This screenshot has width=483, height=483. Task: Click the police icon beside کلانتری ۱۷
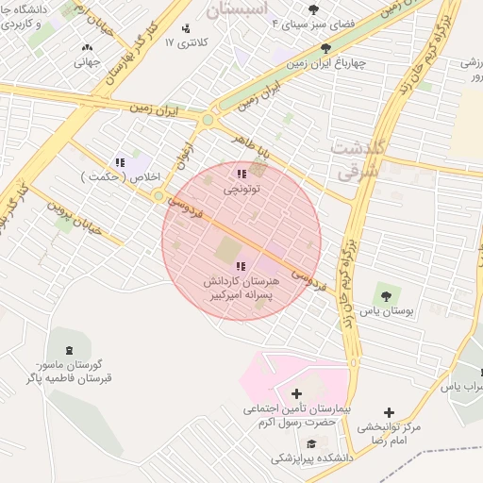pos(186,29)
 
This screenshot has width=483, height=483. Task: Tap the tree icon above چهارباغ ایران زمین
pos(326,47)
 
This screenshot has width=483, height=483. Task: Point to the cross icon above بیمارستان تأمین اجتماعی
pos(296,393)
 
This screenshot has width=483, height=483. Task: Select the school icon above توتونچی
pos(241,174)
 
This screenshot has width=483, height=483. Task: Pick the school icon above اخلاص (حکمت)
pos(119,163)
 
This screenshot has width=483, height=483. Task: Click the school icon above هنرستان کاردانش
pos(241,267)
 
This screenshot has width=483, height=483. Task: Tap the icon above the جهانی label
pos(88,47)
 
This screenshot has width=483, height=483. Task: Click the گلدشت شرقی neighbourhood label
pos(356,161)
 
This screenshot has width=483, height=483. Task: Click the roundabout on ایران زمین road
pos(208,120)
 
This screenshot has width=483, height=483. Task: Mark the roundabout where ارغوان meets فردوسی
pos(158,195)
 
